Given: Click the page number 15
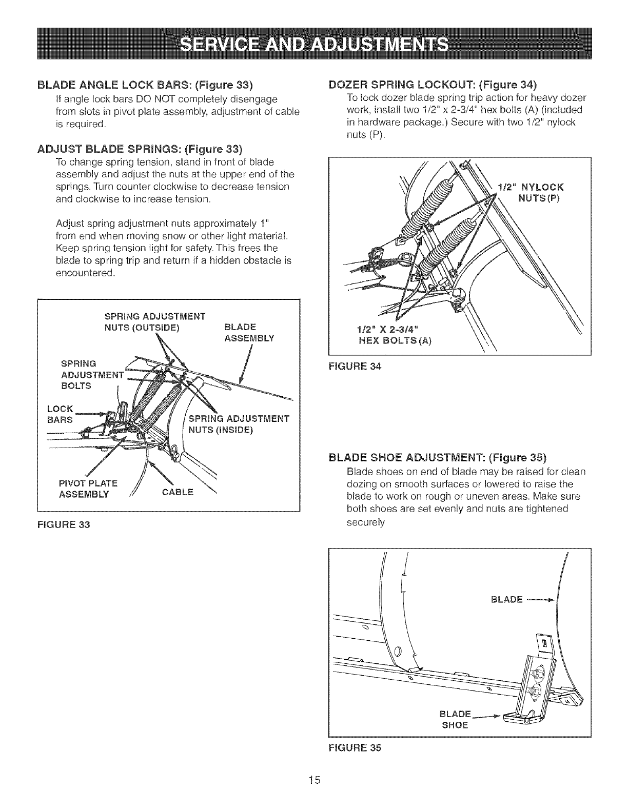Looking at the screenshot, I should (314, 780).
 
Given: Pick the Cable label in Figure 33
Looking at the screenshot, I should (178, 492).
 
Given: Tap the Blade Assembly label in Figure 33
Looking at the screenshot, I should (249, 333).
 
